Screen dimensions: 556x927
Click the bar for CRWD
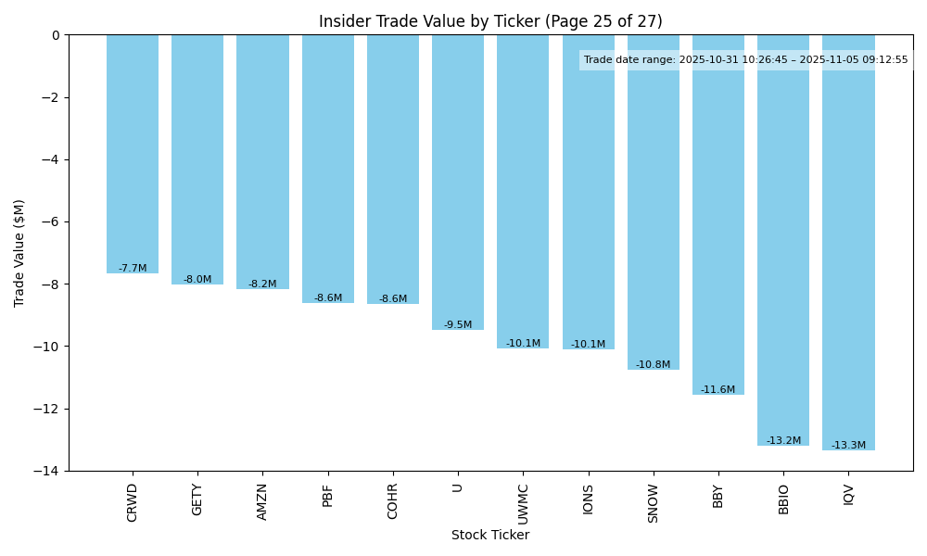tap(133, 154)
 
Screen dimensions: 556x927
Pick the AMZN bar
tap(262, 162)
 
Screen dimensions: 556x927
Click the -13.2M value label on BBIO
tap(783, 441)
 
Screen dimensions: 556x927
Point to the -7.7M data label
tap(133, 269)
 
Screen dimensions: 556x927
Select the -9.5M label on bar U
tap(458, 325)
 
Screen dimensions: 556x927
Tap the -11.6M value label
tap(717, 390)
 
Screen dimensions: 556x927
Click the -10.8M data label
tap(653, 365)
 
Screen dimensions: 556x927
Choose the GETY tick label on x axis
tap(197, 499)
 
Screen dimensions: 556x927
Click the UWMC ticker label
tap(523, 503)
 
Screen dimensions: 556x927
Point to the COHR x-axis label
tap(393, 501)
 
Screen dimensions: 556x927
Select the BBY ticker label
tap(718, 496)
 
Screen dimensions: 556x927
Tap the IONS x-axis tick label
tap(588, 499)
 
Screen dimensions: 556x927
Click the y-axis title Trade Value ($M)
tap(19, 253)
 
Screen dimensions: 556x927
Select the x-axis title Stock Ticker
tap(490, 536)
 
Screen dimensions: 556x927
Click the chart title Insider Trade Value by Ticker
tap(490, 21)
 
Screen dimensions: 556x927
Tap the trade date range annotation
tap(746, 60)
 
